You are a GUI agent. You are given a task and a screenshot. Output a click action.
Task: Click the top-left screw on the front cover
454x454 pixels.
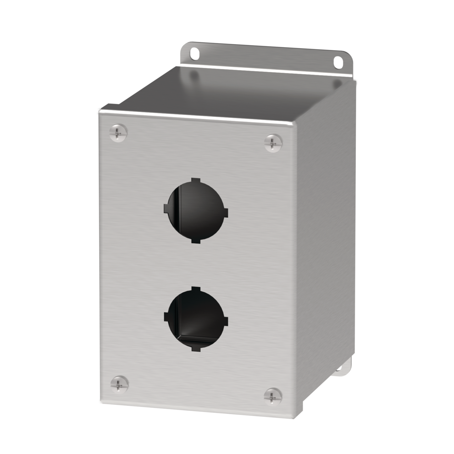coord(119,133)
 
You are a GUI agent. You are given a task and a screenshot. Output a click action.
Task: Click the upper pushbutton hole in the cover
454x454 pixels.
coord(195,211)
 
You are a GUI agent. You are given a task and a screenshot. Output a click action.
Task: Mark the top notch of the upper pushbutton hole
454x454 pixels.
coord(194,181)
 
